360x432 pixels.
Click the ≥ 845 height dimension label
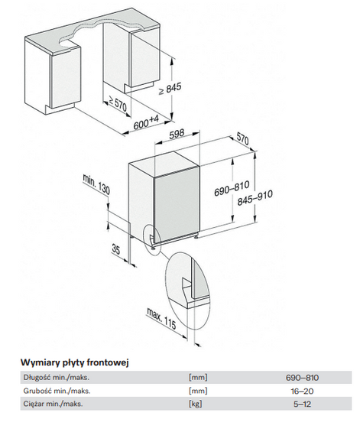click(170, 89)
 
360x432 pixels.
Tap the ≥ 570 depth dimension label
click(117, 103)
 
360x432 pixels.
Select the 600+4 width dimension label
click(146, 122)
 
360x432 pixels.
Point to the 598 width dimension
click(177, 134)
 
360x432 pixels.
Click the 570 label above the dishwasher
click(242, 138)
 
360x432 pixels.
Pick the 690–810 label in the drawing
click(228, 188)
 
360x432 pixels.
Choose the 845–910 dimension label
click(255, 197)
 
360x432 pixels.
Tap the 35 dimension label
click(116, 249)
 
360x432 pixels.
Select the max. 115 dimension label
click(161, 318)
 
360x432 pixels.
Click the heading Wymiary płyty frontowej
click(75, 362)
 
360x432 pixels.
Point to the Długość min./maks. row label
click(57, 378)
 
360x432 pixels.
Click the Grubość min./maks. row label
click(57, 391)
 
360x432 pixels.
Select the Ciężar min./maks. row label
click(53, 404)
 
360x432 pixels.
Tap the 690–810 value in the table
click(302, 378)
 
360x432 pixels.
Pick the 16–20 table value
click(302, 391)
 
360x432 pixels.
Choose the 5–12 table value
click(302, 404)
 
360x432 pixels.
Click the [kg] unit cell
click(196, 404)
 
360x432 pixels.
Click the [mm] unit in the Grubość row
click(198, 391)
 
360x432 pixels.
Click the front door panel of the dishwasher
click(177, 207)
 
